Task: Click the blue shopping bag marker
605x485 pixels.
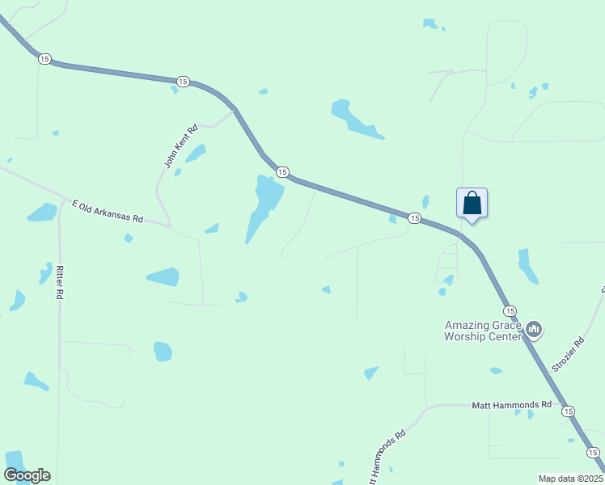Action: click(x=472, y=203)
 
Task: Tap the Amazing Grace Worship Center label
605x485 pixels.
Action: click(x=483, y=331)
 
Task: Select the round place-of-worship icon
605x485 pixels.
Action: click(x=533, y=329)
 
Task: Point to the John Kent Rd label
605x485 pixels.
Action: click(x=181, y=146)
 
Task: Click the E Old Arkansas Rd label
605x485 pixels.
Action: click(x=107, y=212)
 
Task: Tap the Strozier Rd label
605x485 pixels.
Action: click(x=567, y=355)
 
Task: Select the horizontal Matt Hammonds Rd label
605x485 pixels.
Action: click(x=511, y=404)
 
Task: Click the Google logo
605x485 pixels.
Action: click(x=27, y=475)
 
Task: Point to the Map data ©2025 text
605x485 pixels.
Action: click(x=569, y=479)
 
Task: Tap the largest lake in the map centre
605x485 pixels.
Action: click(x=264, y=206)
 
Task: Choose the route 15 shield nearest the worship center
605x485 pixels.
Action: click(x=510, y=310)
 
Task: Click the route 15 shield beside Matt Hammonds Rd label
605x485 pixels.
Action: click(x=569, y=411)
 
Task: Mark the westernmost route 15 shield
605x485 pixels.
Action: click(x=44, y=58)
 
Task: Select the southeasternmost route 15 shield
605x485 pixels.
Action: click(x=593, y=452)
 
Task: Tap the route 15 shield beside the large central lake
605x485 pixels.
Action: click(x=281, y=171)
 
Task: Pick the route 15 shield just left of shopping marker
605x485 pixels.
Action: click(x=414, y=218)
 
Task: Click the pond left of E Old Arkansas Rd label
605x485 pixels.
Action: click(x=42, y=213)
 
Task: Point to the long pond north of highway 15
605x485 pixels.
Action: click(x=353, y=119)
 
